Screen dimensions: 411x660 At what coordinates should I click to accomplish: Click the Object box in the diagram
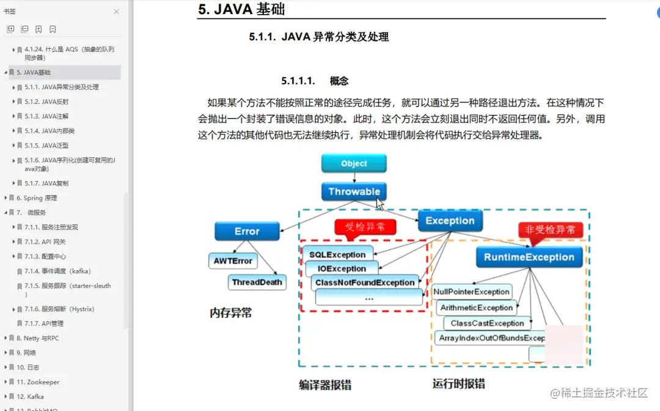click(x=354, y=163)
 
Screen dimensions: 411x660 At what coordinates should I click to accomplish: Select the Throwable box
click(x=354, y=191)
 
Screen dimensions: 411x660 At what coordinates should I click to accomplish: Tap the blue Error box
click(x=247, y=231)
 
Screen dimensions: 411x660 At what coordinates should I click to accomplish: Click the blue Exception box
click(x=450, y=221)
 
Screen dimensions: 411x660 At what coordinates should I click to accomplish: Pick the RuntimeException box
click(x=529, y=257)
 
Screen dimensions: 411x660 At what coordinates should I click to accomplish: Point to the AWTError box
click(x=233, y=261)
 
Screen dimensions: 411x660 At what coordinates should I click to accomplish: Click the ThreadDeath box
click(x=257, y=282)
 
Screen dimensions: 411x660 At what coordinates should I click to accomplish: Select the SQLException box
click(x=337, y=254)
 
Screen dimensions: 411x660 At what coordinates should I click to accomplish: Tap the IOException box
click(x=342, y=268)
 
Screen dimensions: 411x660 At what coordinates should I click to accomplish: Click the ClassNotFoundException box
click(x=365, y=283)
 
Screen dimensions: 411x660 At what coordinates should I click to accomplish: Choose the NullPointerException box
click(x=471, y=292)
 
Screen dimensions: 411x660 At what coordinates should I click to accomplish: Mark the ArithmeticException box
click(x=476, y=308)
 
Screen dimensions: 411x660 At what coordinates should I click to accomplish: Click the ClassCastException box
click(x=487, y=323)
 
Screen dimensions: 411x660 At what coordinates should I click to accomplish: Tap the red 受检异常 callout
click(x=365, y=227)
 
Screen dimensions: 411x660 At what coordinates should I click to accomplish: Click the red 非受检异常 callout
click(x=550, y=230)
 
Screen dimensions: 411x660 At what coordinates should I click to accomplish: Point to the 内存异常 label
click(x=231, y=313)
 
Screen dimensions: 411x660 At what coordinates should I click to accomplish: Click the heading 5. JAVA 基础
click(x=241, y=9)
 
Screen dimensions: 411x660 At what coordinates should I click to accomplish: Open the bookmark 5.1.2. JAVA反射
click(x=46, y=102)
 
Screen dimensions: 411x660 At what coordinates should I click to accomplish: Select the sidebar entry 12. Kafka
click(x=30, y=396)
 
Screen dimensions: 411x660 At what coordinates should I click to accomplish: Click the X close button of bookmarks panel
click(x=116, y=12)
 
